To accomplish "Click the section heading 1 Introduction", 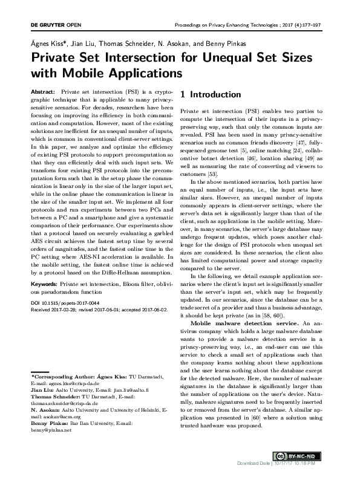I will click(211, 95).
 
